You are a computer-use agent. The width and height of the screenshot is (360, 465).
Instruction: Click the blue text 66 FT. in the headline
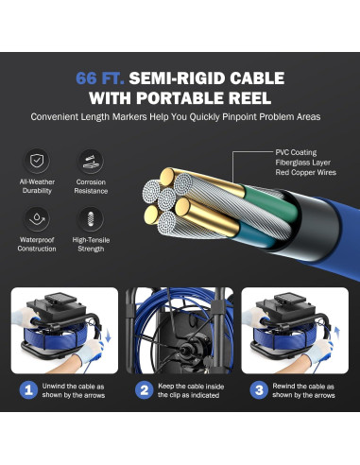coord(100,78)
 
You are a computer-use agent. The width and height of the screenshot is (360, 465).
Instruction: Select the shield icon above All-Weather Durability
coord(37,161)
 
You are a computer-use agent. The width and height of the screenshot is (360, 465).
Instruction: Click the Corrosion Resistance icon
coord(91,162)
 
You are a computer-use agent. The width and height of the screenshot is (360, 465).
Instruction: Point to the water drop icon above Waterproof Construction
coord(37,219)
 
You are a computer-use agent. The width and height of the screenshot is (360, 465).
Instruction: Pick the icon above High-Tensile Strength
coord(91,219)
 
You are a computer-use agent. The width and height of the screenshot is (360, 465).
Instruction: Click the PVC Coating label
coord(296,152)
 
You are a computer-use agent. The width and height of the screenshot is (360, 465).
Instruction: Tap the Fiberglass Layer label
coord(303,163)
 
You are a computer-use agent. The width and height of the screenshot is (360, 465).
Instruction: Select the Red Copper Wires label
coord(306,172)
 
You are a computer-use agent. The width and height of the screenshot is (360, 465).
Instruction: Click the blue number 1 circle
coord(28,390)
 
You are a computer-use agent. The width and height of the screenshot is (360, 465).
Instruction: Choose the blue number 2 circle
coord(145,390)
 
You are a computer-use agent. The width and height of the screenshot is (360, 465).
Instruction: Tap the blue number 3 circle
coord(259,390)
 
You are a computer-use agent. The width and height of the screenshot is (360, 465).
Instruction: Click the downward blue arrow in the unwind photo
coord(108,336)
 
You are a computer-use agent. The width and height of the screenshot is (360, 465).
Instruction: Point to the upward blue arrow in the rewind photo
coord(337,334)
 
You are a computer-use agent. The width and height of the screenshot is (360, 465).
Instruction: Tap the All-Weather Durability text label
coord(37,186)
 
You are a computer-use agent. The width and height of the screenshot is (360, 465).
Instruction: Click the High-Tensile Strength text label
coord(91,244)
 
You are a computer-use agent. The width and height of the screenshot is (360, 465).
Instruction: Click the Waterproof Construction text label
coord(37,244)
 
